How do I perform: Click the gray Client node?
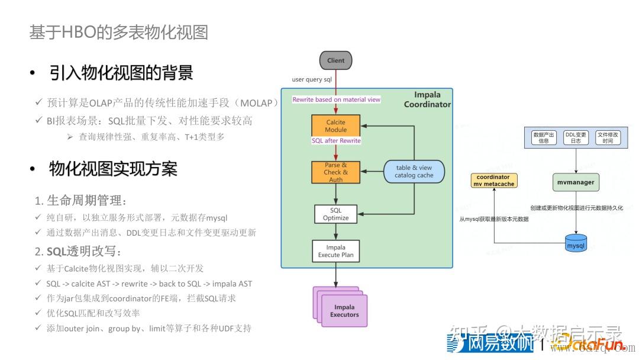click(x=335, y=60)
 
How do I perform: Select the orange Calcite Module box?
click(x=335, y=126)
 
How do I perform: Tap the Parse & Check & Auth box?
click(x=335, y=172)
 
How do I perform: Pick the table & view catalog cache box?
click(x=414, y=172)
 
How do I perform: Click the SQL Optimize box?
click(x=335, y=214)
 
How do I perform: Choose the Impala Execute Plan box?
click(x=335, y=251)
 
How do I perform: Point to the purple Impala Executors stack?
click(x=343, y=308)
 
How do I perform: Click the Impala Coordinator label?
click(x=427, y=99)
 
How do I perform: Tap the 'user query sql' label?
click(x=312, y=79)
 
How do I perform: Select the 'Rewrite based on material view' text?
click(x=337, y=99)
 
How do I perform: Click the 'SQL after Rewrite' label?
click(x=336, y=141)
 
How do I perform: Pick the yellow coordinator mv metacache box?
click(x=493, y=181)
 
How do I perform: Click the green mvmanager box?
click(x=576, y=182)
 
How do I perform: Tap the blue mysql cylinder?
click(x=575, y=243)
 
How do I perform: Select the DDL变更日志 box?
click(x=576, y=137)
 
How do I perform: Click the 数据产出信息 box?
click(x=543, y=137)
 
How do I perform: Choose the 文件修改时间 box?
click(x=608, y=137)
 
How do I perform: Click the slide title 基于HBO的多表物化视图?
click(x=119, y=32)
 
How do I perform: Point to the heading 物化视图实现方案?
click(x=113, y=169)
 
